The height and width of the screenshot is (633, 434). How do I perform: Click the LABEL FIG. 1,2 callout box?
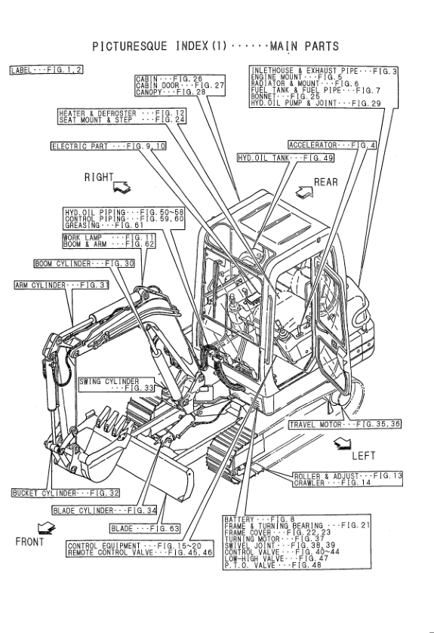[46, 69]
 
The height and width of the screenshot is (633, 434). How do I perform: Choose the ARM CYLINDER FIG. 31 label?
[61, 284]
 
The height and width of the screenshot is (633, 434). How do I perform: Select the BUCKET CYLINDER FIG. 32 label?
[65, 493]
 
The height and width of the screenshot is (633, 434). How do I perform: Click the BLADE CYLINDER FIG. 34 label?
[104, 511]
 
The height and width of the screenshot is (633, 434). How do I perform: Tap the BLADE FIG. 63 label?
[146, 527]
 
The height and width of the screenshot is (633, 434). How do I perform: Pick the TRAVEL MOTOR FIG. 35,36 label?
[345, 425]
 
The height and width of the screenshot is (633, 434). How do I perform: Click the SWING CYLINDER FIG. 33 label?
[116, 385]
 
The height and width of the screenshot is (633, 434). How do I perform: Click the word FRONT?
[29, 542]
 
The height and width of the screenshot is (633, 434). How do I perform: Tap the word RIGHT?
[98, 177]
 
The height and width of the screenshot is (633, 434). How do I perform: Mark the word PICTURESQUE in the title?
[133, 47]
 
